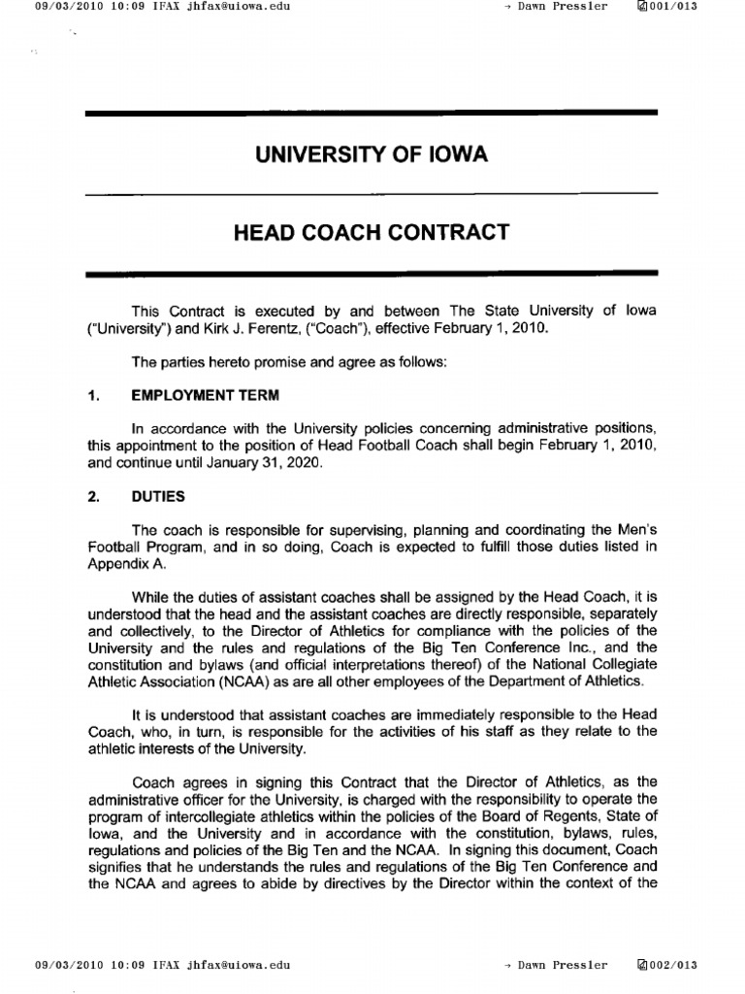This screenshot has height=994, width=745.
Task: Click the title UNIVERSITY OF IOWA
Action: (x=372, y=155)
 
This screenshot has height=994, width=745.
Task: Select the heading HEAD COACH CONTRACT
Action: (x=372, y=233)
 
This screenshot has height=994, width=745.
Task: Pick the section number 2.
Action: (x=93, y=496)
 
